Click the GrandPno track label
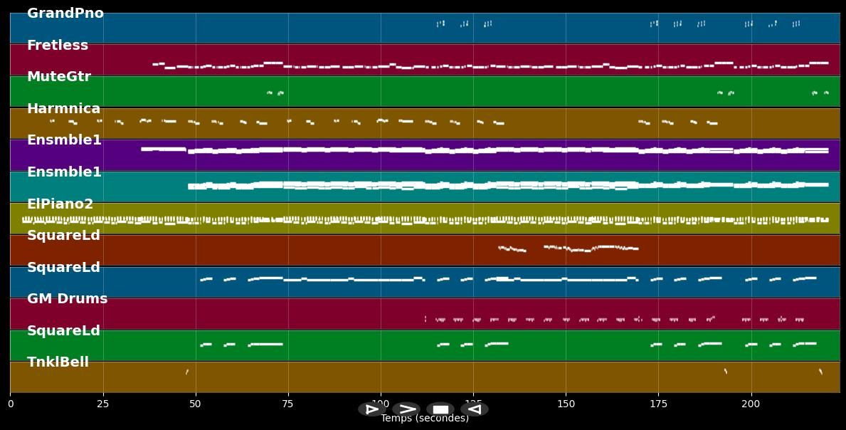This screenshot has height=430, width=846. tap(65, 14)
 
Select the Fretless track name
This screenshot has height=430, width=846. tap(58, 46)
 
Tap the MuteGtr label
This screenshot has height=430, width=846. tap(59, 77)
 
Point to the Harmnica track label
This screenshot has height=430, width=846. tap(64, 109)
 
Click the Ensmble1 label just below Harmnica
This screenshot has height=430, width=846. tap(64, 140)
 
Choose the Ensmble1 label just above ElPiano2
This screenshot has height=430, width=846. tap(64, 172)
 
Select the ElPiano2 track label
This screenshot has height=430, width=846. tap(60, 204)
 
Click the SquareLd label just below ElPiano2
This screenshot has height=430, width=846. tap(64, 236)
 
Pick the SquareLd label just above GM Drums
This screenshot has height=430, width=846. tap(64, 268)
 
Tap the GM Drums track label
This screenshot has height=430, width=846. tap(68, 299)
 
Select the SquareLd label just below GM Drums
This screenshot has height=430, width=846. tap(64, 331)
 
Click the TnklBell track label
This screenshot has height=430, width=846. tap(58, 362)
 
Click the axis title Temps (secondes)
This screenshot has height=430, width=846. tap(425, 419)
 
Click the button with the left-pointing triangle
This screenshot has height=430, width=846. tap(475, 409)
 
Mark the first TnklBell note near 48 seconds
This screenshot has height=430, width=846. tap(187, 372)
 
